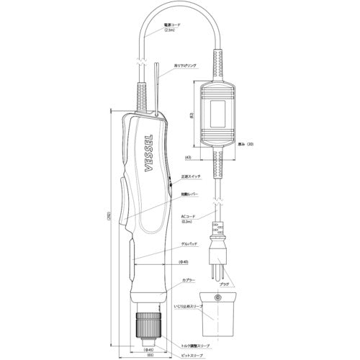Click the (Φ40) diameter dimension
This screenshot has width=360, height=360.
[x=183, y=261]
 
